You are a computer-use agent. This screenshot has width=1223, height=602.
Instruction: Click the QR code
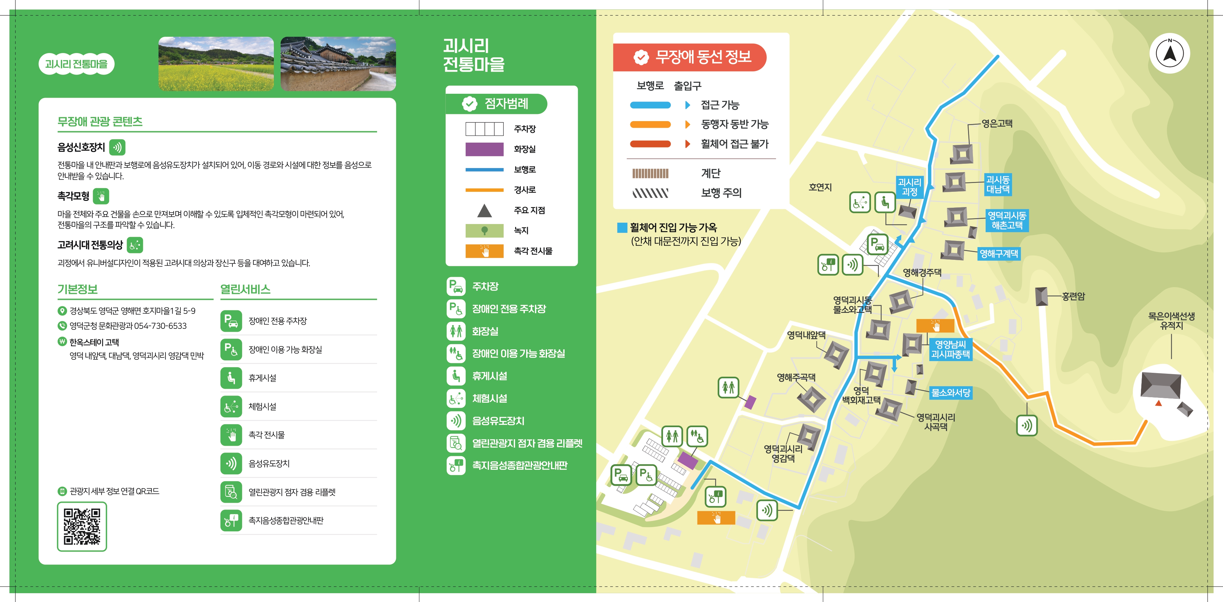pyautogui.click(x=82, y=526)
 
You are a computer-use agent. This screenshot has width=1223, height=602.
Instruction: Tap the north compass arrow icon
pyautogui.click(x=1169, y=53)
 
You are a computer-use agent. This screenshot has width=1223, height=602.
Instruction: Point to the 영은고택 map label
pyautogui.click(x=997, y=123)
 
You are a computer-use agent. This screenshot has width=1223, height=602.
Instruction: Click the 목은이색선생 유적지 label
pyautogui.click(x=1171, y=320)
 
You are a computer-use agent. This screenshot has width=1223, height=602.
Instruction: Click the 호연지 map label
pyautogui.click(x=820, y=187)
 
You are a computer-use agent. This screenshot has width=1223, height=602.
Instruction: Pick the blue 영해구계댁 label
pyautogui.click(x=998, y=254)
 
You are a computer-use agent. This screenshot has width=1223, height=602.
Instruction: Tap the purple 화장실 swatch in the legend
pyautogui.click(x=484, y=149)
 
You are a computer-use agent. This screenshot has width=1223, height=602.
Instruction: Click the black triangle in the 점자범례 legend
pyautogui.click(x=484, y=210)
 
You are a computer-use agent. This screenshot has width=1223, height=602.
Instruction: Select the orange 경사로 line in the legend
pyautogui.click(x=484, y=190)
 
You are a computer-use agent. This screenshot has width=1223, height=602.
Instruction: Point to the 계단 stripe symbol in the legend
pyautogui.click(x=650, y=173)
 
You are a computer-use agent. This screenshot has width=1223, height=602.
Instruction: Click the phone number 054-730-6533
pyautogui.click(x=161, y=326)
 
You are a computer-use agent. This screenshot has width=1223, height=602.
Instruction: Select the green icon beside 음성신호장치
pyautogui.click(x=117, y=147)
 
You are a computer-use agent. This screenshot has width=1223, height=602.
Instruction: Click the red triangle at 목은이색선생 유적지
pyautogui.click(x=1159, y=403)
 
